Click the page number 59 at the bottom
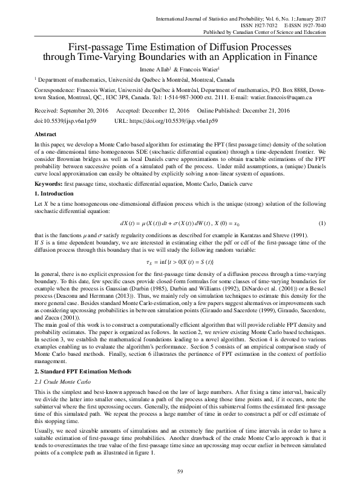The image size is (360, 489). [180, 471]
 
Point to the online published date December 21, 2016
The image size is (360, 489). [260, 111]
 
